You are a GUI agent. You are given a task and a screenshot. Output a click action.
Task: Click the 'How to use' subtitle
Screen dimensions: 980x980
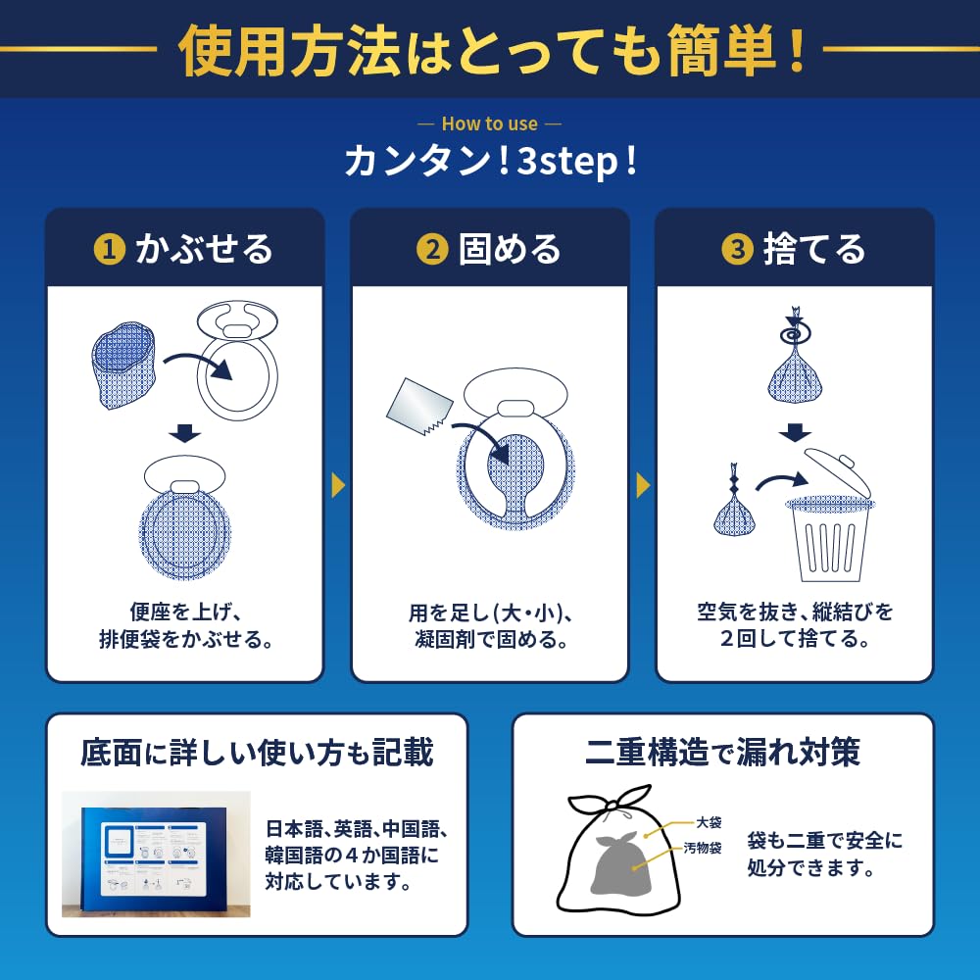pos(489,124)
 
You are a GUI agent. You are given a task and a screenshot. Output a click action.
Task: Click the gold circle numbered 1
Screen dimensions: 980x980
pos(109,250)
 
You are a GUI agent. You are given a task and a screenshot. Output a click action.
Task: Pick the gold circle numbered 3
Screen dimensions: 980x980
pos(736,250)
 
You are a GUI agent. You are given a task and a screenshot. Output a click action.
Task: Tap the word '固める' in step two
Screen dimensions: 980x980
pos(510,250)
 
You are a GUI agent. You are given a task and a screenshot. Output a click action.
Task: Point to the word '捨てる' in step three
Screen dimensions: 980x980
pos(814,250)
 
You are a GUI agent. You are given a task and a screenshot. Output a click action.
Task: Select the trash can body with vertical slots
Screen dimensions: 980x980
pos(829,542)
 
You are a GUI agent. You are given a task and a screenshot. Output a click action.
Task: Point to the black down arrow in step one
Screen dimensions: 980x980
pos(184,432)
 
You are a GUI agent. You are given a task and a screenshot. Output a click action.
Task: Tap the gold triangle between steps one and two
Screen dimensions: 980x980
pos(338,484)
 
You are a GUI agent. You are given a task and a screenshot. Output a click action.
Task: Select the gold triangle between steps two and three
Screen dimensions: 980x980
pos(643,484)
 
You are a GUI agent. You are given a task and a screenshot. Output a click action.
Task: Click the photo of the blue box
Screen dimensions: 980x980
pos(156,854)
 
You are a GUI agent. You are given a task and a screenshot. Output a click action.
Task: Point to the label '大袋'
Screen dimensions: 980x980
pos(709,823)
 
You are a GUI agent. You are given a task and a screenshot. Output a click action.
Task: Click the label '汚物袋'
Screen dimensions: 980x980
pos(703,848)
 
